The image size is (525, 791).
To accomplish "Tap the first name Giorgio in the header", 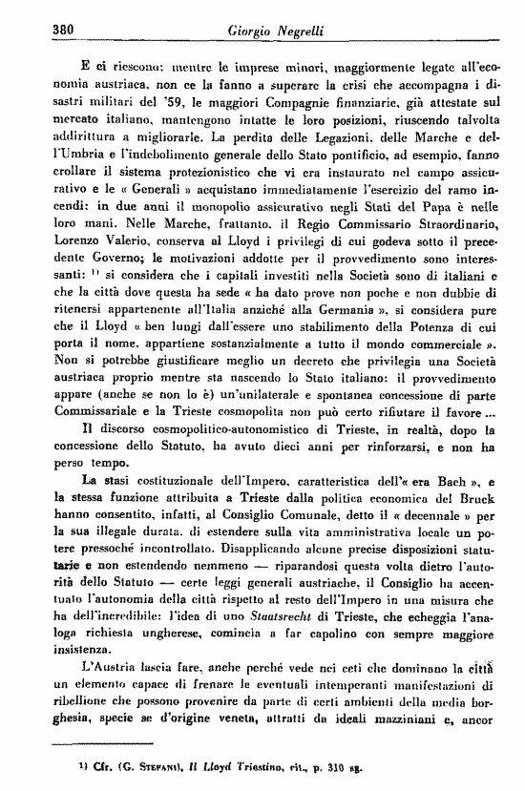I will point(251,30).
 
